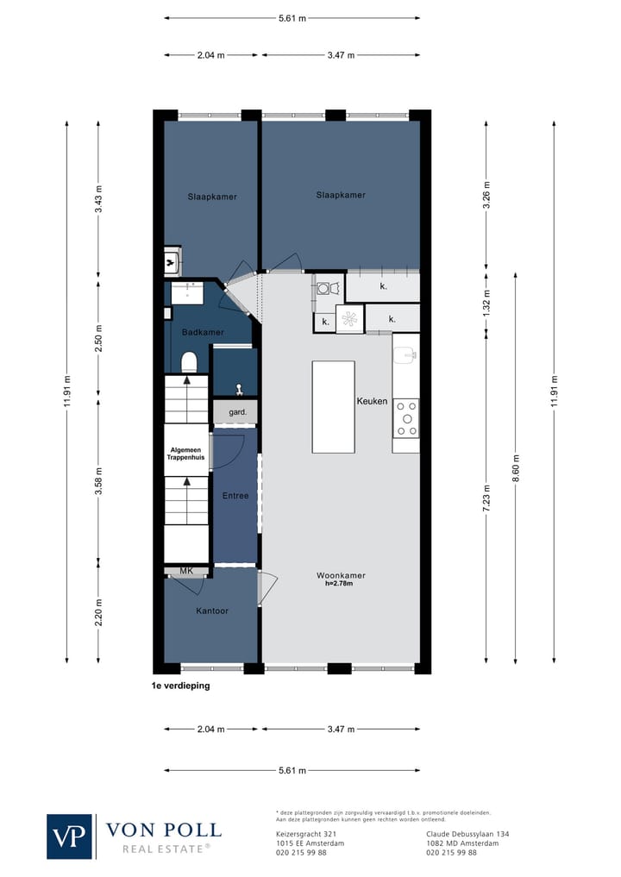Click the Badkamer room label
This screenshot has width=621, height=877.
point(203,332)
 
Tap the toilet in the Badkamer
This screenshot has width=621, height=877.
point(189,362)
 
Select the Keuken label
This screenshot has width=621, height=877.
point(372,401)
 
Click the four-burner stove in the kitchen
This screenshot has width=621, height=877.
point(406,418)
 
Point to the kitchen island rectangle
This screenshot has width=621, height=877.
point(334,407)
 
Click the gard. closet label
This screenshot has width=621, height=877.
point(238,412)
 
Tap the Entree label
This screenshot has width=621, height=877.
point(235,496)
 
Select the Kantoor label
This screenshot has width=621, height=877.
point(212,611)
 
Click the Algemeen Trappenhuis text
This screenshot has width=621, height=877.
point(185,454)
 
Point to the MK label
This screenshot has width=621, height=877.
point(186,571)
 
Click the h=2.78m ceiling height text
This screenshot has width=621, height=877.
point(339,583)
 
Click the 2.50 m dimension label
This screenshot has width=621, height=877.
point(98,338)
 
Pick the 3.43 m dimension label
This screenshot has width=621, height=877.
point(98,199)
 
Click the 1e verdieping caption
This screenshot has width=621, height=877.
point(180,686)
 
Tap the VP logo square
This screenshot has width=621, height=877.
point(69,836)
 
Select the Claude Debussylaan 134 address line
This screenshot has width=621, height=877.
point(467,834)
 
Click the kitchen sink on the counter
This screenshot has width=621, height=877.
point(405,354)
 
